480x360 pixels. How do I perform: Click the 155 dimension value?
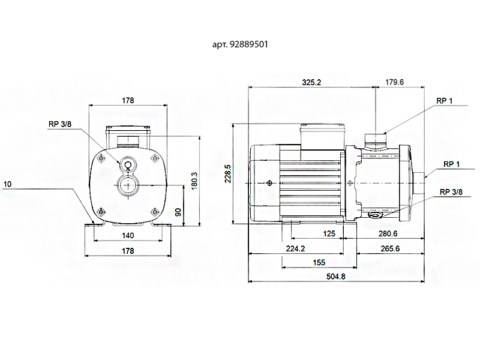319,263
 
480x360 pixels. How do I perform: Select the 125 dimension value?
329,234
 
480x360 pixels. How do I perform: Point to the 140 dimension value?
128,236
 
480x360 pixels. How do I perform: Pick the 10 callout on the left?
7,184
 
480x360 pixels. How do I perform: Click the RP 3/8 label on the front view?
60,124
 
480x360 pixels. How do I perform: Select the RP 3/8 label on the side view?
451,192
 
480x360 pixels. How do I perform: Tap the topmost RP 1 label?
445,100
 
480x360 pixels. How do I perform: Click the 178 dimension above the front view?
128,100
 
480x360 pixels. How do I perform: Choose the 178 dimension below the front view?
128,250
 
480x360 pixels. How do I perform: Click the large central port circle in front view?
128,185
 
